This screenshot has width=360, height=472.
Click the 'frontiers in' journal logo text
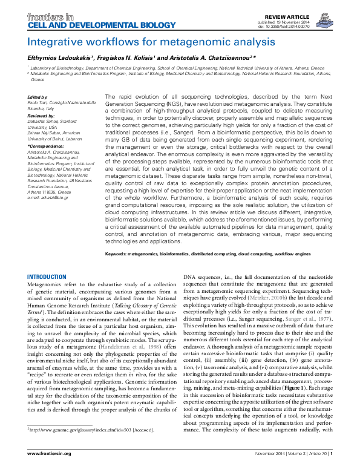coord(47,11)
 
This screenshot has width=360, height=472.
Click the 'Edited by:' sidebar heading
coord(38,97)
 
